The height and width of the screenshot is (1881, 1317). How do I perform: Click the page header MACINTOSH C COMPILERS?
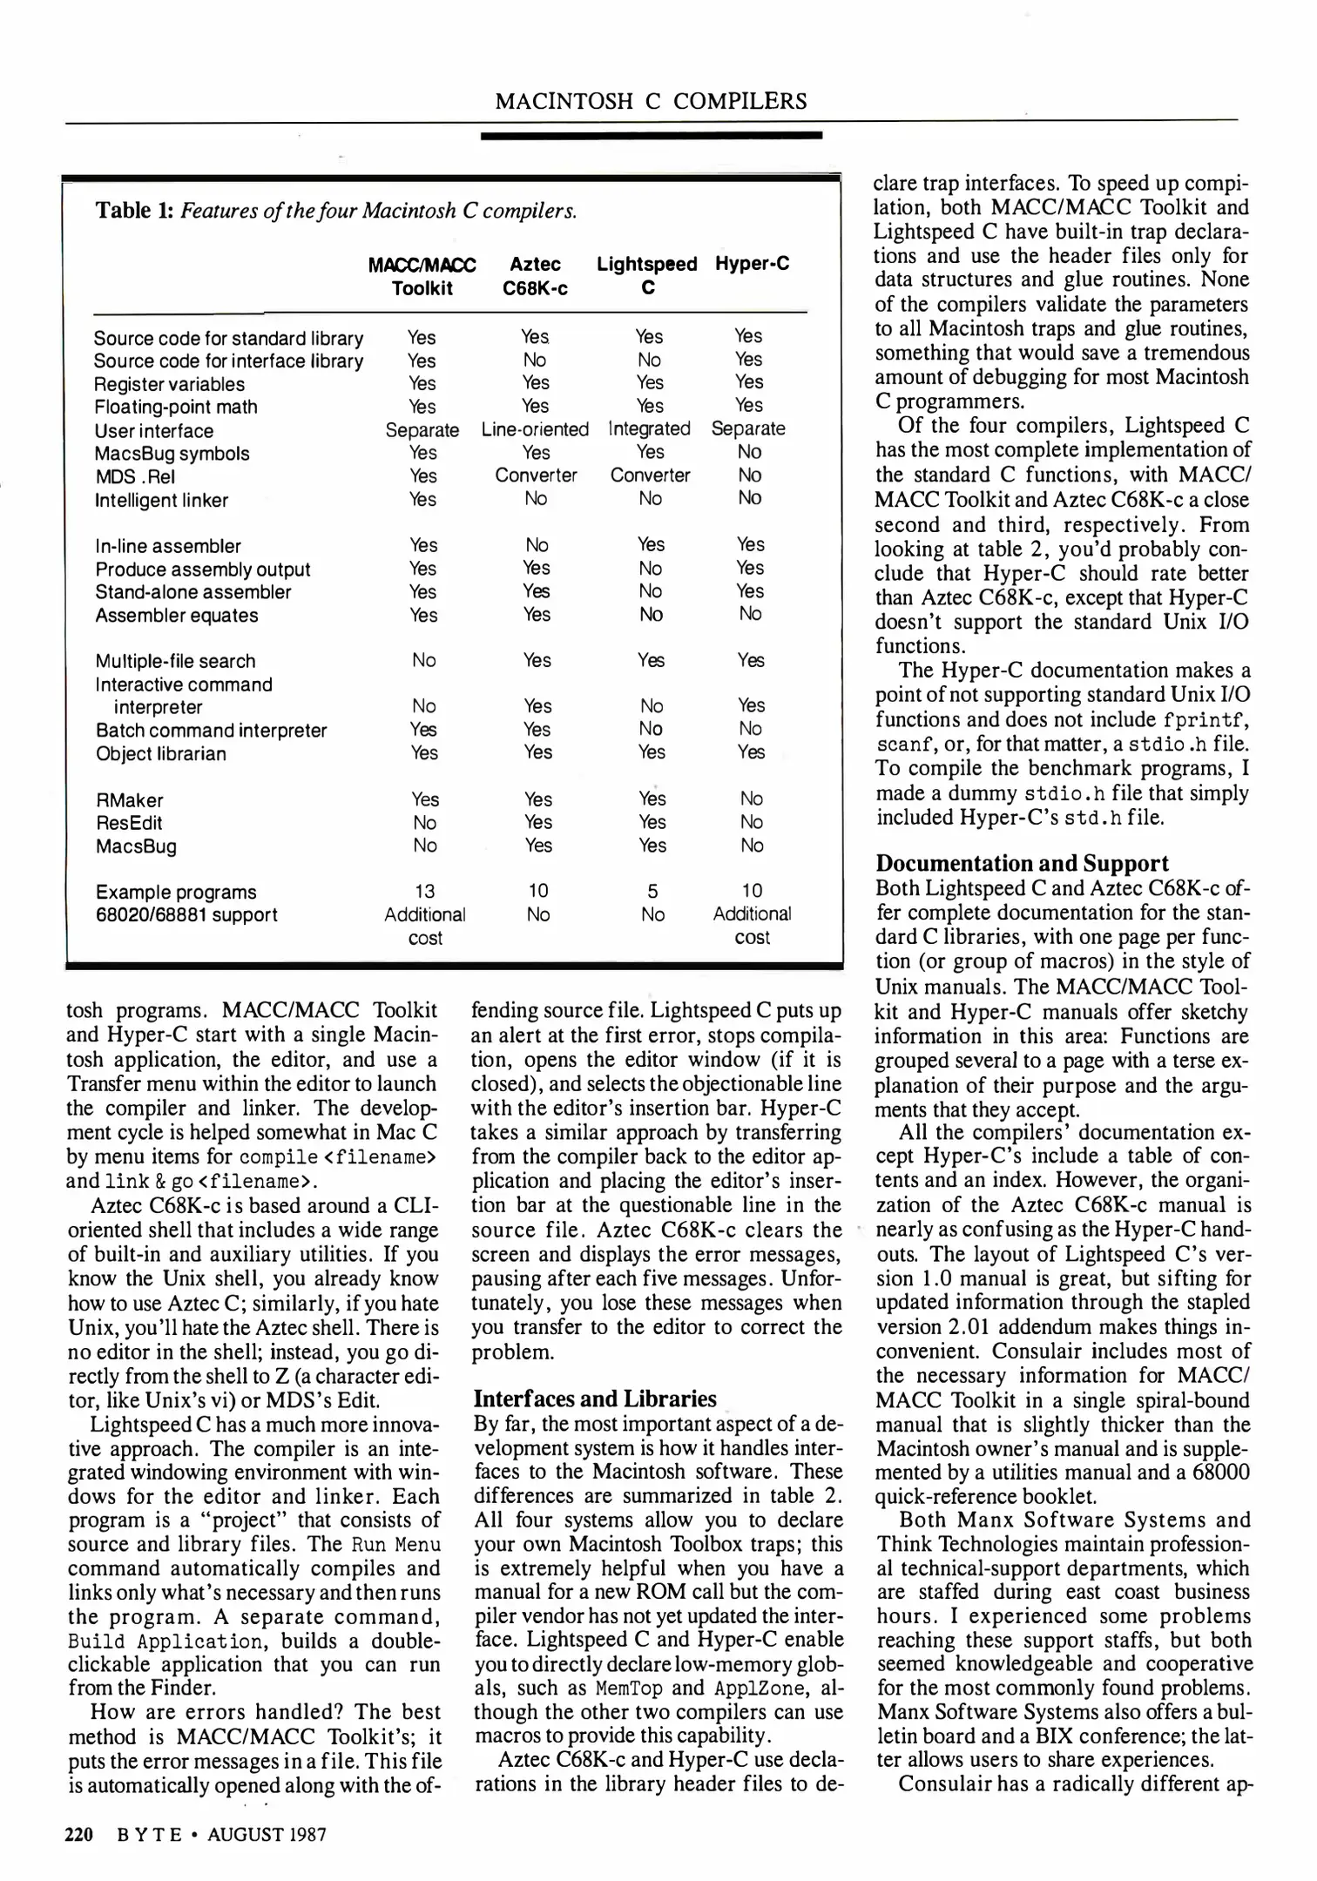click(x=651, y=102)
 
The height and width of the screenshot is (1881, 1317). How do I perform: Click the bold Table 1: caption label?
click(x=135, y=211)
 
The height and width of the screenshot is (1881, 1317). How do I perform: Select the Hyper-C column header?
click(x=752, y=264)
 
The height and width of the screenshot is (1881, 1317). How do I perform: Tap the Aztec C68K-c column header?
click(x=535, y=276)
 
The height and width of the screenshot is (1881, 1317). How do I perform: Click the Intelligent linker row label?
click(x=161, y=500)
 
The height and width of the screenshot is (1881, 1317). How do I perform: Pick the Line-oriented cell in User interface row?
click(x=535, y=429)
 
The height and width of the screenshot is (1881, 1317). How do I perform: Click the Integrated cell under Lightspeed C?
click(x=649, y=428)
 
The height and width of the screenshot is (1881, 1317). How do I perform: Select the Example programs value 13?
click(x=424, y=891)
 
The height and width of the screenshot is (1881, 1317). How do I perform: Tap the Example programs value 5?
click(x=652, y=891)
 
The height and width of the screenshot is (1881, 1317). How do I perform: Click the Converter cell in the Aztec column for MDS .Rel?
click(x=536, y=475)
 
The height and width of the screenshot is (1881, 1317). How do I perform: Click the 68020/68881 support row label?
click(x=186, y=914)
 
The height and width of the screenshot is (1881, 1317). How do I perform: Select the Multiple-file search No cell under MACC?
click(x=424, y=660)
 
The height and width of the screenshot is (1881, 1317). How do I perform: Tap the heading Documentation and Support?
click(x=1022, y=863)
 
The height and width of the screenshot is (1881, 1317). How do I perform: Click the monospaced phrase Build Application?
click(x=165, y=1642)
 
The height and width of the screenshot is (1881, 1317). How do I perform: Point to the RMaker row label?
click(x=129, y=800)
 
